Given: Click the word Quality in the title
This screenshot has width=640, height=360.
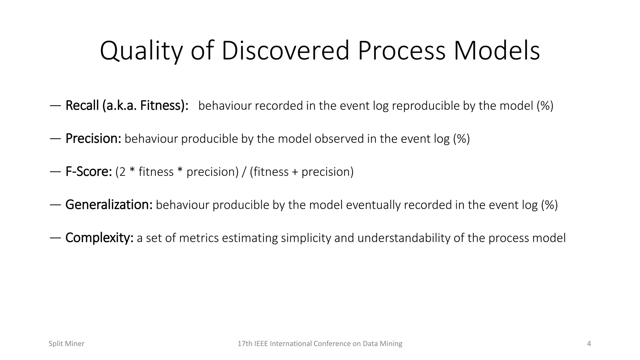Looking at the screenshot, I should (x=141, y=51).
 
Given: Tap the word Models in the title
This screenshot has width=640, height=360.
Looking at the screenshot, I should (x=497, y=51).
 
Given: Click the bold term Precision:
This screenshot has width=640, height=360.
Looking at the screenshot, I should (x=93, y=139).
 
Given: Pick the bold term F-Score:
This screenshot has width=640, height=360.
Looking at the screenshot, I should (x=88, y=172).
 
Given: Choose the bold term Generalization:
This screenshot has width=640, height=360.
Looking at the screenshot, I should (x=109, y=205).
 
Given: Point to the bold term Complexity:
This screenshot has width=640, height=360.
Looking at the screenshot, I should (x=99, y=238).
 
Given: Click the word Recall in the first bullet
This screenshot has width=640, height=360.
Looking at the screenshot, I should (x=82, y=106).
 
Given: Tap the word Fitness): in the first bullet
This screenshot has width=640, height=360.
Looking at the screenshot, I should (x=164, y=106).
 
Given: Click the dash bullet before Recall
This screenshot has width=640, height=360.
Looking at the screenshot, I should (x=55, y=106).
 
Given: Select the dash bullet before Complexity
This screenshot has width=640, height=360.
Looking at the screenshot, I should (x=55, y=238).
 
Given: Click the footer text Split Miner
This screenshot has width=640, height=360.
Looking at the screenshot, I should (x=66, y=344).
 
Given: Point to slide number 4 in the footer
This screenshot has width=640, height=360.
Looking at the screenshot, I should (x=589, y=344).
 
